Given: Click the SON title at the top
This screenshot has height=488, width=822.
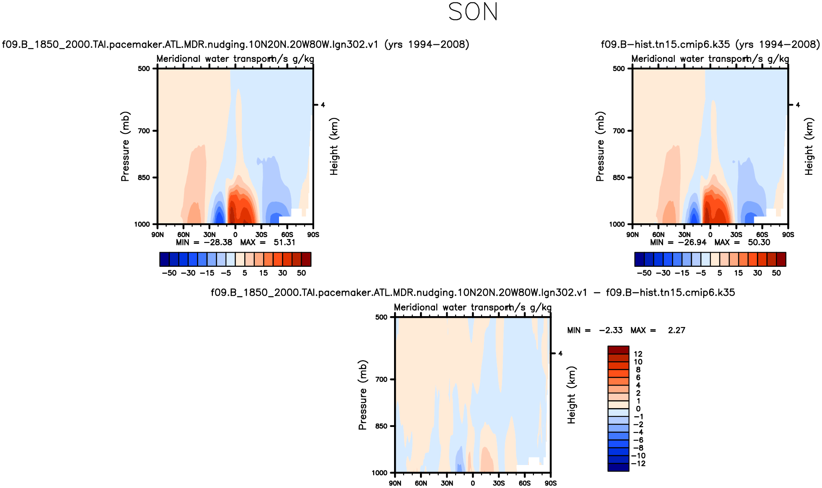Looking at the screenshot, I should (x=473, y=12).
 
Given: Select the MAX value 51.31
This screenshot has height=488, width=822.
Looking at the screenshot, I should (x=284, y=243).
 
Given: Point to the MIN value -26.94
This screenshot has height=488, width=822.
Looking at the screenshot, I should (x=692, y=243).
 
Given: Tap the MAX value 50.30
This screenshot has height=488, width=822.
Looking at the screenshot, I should (x=759, y=243).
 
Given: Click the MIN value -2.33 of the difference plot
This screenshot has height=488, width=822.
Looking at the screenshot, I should (x=610, y=330).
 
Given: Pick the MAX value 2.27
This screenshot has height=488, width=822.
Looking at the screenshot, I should (x=676, y=330).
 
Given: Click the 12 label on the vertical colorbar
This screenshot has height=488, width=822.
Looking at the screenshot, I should (x=638, y=354).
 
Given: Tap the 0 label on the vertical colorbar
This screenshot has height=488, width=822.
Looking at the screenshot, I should (x=638, y=409).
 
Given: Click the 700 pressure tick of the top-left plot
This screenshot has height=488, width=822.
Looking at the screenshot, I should (x=144, y=131).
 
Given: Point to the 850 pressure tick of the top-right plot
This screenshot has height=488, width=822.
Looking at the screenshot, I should (x=619, y=178).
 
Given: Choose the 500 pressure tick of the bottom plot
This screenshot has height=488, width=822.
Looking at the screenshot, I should (x=382, y=317).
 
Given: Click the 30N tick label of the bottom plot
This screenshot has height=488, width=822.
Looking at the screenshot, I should (x=447, y=483).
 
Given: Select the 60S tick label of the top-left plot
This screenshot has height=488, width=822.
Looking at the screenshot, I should (x=287, y=235).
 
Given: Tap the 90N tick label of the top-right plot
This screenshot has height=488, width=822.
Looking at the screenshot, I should (x=633, y=235).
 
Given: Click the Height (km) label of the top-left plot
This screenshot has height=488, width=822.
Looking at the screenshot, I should (x=334, y=146).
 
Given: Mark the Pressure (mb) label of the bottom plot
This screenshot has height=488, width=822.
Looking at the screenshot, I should (x=363, y=395).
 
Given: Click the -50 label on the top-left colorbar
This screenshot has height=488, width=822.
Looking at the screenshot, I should (x=169, y=273).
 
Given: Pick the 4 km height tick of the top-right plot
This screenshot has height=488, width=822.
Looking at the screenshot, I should (x=798, y=105).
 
